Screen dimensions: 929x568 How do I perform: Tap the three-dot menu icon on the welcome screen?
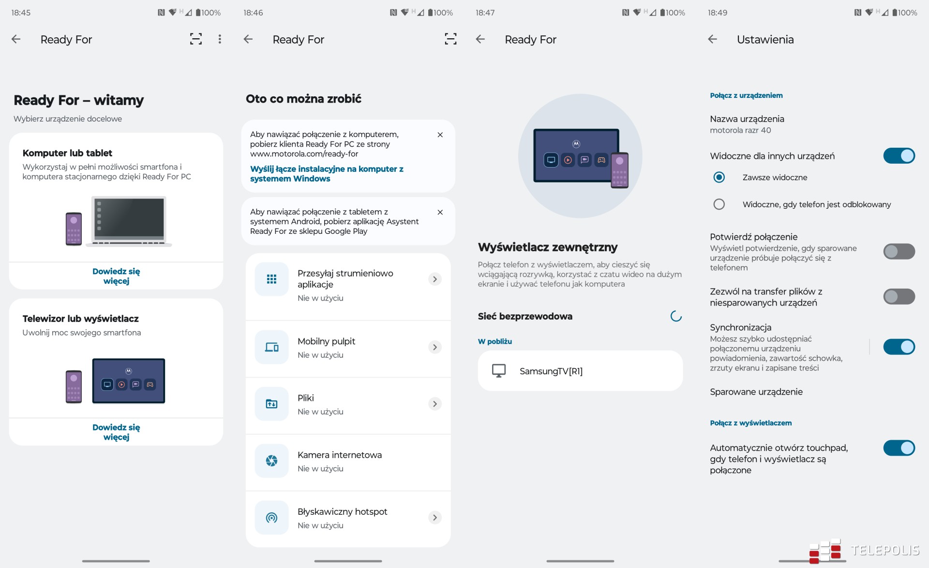click(x=220, y=39)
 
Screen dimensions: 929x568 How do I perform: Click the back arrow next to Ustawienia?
click(x=712, y=39)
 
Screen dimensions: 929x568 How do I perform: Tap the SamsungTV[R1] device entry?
click(x=580, y=371)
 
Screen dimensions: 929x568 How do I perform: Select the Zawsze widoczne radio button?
click(x=719, y=177)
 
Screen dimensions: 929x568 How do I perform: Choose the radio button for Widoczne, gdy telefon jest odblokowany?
click(x=719, y=204)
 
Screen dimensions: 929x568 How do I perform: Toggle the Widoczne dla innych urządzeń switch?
click(x=899, y=156)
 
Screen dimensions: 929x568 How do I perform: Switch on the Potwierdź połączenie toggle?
click(x=899, y=251)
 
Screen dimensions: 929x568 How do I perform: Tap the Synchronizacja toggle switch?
click(x=899, y=347)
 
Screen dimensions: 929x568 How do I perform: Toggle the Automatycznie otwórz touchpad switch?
click(x=899, y=448)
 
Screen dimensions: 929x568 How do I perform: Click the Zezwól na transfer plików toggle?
click(x=899, y=296)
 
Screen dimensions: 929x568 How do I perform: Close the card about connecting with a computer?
click(x=440, y=135)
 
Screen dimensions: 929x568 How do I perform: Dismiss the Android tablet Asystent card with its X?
click(x=440, y=212)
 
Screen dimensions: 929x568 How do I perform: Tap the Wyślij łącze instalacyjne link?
click(x=327, y=174)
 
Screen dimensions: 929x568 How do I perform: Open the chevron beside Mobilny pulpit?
click(x=435, y=347)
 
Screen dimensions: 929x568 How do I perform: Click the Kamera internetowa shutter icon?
click(x=271, y=461)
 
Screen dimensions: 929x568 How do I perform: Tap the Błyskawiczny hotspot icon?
click(x=271, y=518)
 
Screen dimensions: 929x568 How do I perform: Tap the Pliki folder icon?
click(x=271, y=404)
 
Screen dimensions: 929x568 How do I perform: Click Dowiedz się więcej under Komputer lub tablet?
click(x=116, y=276)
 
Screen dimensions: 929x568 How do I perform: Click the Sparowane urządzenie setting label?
click(x=756, y=392)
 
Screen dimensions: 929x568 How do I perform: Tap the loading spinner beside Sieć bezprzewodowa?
click(x=676, y=316)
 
